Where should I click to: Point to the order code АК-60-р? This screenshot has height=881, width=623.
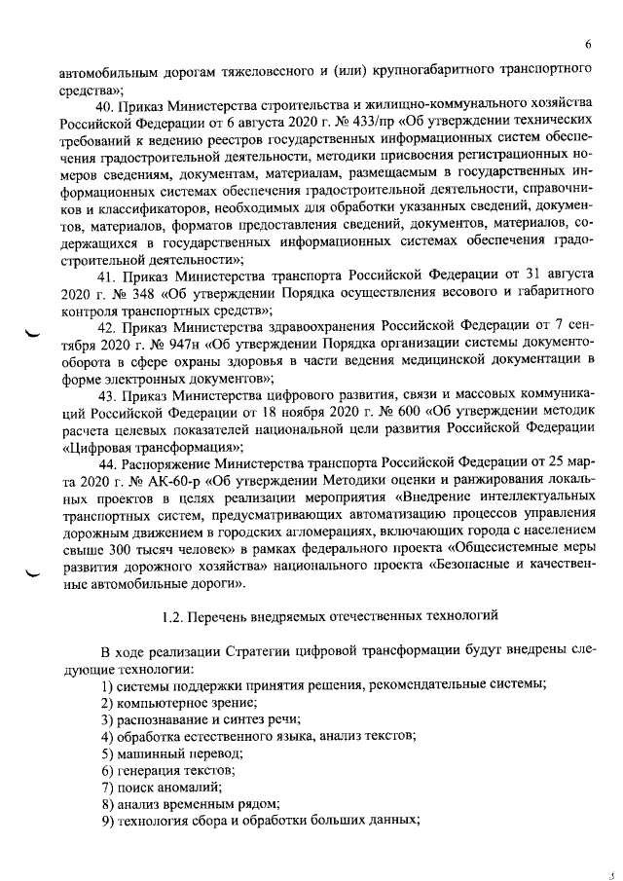[x=160, y=480]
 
